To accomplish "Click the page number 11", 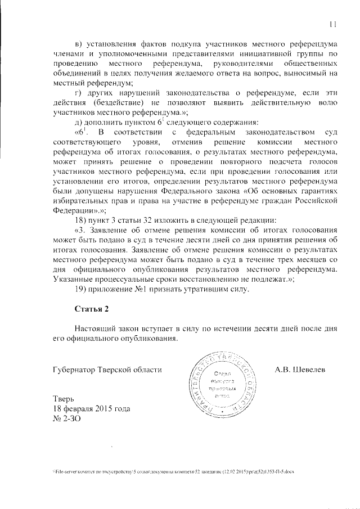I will (x=332, y=24).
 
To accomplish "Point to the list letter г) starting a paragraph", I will (x=79, y=92).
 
